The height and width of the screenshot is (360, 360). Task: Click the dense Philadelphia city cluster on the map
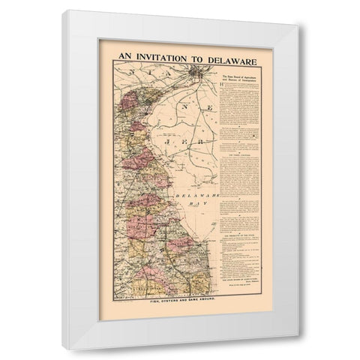pos(197,73)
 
